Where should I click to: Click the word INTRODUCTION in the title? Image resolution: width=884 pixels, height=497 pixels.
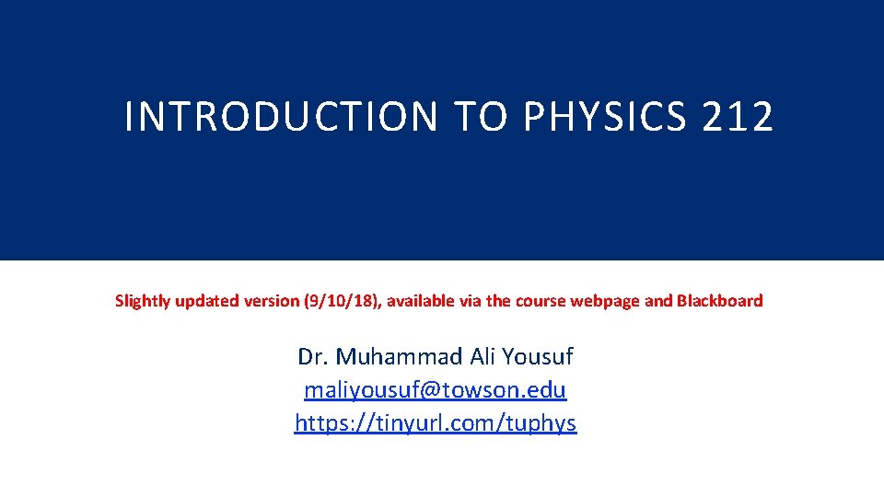tap(282, 117)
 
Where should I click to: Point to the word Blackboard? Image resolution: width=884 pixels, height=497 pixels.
tap(720, 301)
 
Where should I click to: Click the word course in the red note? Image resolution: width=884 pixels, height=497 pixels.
tap(544, 301)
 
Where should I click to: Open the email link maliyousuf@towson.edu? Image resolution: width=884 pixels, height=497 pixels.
tap(436, 390)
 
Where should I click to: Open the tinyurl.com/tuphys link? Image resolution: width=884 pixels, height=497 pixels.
tap(436, 423)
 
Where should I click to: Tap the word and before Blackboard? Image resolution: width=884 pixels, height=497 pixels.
tap(658, 301)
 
